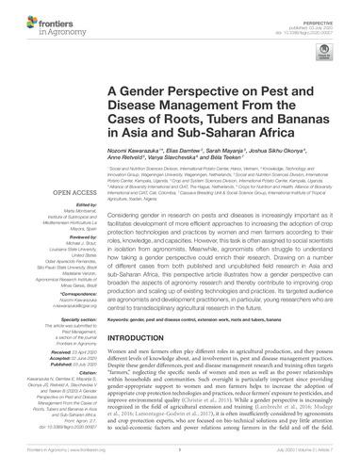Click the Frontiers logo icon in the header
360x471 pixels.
pyautogui.click(x=23, y=16)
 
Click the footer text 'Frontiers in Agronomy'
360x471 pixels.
pyautogui.click(x=37, y=464)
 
